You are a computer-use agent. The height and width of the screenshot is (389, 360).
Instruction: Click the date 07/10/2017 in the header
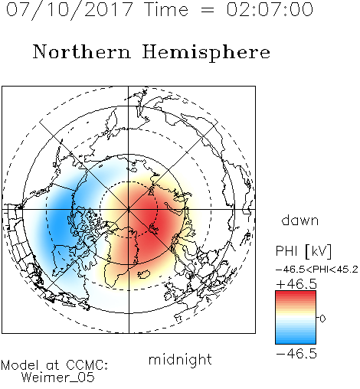70,9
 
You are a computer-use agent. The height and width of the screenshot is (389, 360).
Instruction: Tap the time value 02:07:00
270,9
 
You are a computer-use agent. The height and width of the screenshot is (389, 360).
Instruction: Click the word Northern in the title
82,51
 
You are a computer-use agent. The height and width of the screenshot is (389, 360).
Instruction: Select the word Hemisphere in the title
206,53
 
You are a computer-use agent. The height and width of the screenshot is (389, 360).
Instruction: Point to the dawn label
300,220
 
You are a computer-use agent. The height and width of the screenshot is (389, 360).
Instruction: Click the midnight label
180,360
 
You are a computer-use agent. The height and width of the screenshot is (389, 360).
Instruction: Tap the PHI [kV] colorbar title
303,251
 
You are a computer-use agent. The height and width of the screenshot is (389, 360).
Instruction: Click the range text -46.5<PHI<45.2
317,270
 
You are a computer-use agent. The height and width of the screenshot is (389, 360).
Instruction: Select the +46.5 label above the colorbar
296,284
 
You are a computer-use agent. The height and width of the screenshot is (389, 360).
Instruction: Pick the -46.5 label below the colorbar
296,354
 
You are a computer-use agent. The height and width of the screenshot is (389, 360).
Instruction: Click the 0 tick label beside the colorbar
322,319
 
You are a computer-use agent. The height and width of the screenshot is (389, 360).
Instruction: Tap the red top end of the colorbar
296,293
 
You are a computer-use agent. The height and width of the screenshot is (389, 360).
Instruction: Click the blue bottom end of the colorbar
296,342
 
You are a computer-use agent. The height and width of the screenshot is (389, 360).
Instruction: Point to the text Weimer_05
58,377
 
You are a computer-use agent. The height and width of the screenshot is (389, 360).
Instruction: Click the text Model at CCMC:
54,365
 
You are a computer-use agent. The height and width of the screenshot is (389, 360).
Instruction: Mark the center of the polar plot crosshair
129,209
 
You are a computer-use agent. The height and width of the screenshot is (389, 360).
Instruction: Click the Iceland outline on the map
144,274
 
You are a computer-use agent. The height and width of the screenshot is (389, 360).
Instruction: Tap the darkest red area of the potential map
151,217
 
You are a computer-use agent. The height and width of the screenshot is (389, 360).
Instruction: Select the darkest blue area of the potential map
60,218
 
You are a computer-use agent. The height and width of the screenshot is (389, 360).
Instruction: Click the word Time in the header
166,9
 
